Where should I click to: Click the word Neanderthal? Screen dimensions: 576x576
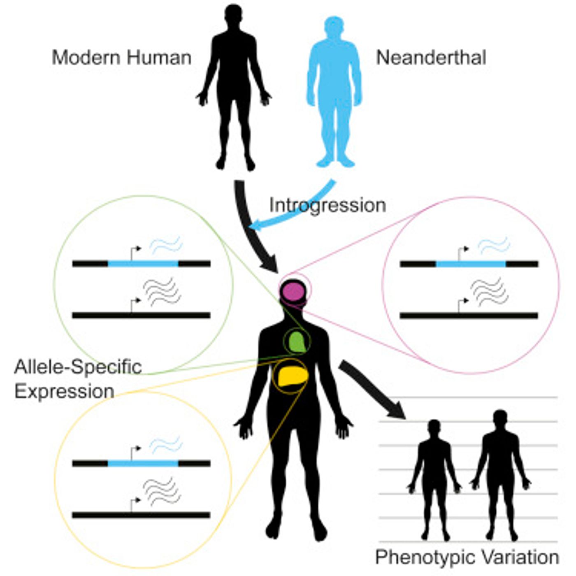coord(431,58)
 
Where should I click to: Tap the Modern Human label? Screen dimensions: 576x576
coord(122,58)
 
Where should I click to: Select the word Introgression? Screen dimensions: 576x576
coord(327,205)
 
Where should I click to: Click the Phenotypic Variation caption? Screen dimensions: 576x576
coord(467,557)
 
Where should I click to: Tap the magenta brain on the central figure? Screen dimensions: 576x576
coord(293,292)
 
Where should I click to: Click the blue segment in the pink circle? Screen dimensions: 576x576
coord(471,264)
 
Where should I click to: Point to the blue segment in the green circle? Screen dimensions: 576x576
coord(143,263)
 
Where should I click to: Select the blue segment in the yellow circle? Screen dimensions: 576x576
coord(143,463)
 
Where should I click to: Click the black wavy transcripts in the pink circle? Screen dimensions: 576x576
coord(488,291)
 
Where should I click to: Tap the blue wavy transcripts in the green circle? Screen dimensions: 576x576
coord(166,245)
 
